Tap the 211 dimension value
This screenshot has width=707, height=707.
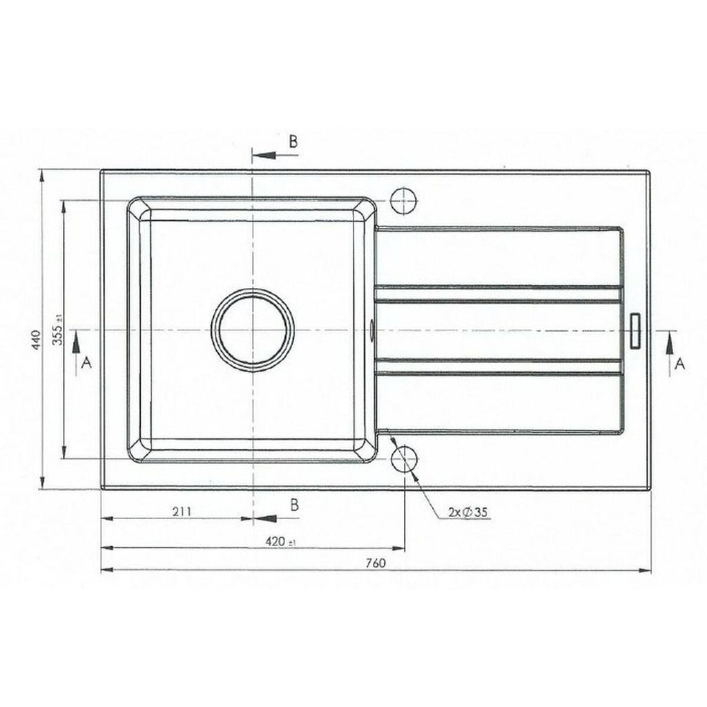coord(182,512)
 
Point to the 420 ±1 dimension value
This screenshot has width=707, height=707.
coord(280,541)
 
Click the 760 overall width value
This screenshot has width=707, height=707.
coord(376,563)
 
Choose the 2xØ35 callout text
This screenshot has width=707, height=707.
coord(468,512)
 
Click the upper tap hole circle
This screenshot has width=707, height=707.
coord(404,200)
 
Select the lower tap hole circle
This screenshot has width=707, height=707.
coord(404,458)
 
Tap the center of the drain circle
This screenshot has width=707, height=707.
coord(253,330)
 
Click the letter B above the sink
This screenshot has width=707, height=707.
coord(293,142)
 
